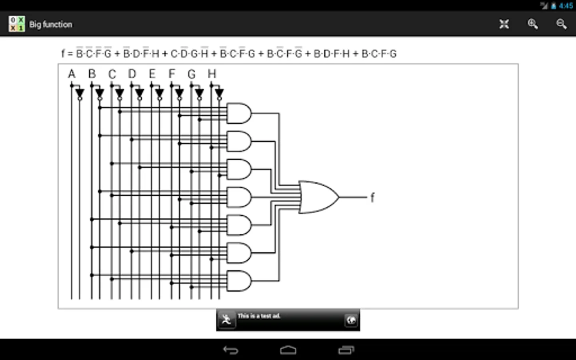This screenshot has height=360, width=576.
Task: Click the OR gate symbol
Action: [318, 197]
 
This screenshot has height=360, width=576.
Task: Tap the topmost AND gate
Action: [239, 113]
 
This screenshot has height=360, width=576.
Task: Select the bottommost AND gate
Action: [239, 280]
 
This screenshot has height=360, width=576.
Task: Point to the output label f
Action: [372, 197]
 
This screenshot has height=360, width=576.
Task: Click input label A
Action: [72, 74]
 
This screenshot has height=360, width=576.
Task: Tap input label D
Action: [132, 74]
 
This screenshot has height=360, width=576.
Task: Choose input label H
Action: [212, 74]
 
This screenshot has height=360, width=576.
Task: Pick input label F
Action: [172, 74]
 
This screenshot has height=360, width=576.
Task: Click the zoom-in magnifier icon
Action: [532, 24]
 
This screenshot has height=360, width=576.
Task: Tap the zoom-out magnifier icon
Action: [561, 24]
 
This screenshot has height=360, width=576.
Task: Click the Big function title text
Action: [51, 24]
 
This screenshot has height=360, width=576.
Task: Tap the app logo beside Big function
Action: [17, 24]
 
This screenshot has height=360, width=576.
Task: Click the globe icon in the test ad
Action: [351, 320]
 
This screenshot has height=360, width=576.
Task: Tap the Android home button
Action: [288, 350]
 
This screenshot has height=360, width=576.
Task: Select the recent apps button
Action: [346, 350]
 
